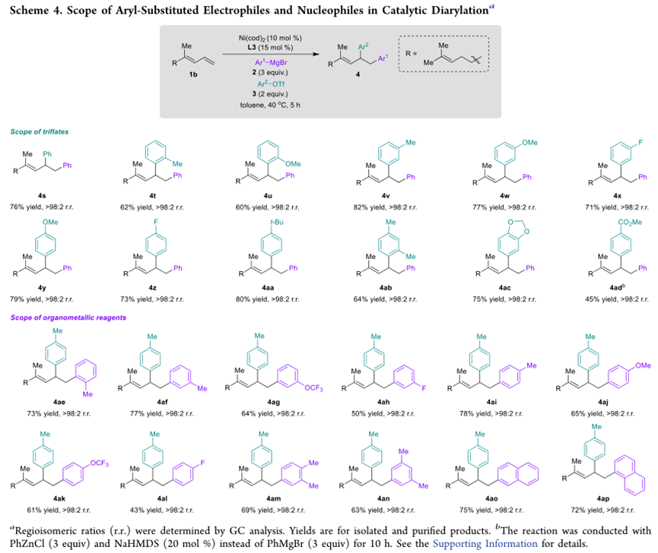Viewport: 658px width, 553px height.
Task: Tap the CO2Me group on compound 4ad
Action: coord(614,221)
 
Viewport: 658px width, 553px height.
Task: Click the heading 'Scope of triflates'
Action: coord(40,131)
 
